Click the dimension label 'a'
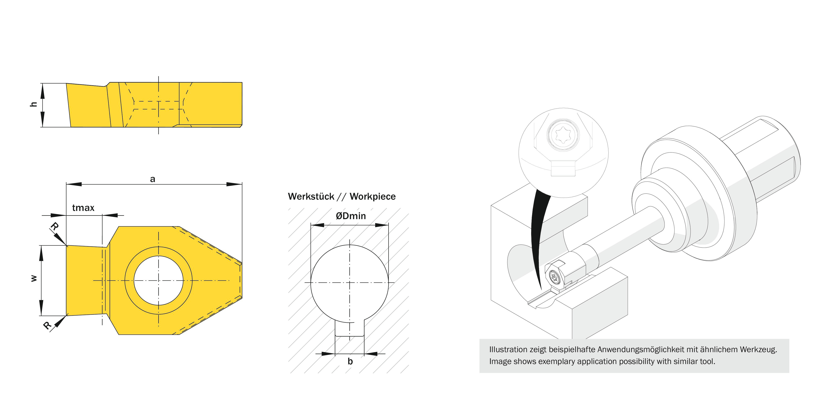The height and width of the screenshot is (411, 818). (152, 179)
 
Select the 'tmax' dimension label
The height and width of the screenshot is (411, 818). (83, 208)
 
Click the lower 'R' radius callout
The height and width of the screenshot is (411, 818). (47, 326)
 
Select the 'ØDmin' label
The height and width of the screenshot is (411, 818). (351, 216)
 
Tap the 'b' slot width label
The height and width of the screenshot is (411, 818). (350, 361)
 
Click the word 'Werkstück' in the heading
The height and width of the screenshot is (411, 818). (311, 197)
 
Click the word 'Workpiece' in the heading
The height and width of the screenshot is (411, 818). (373, 197)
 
